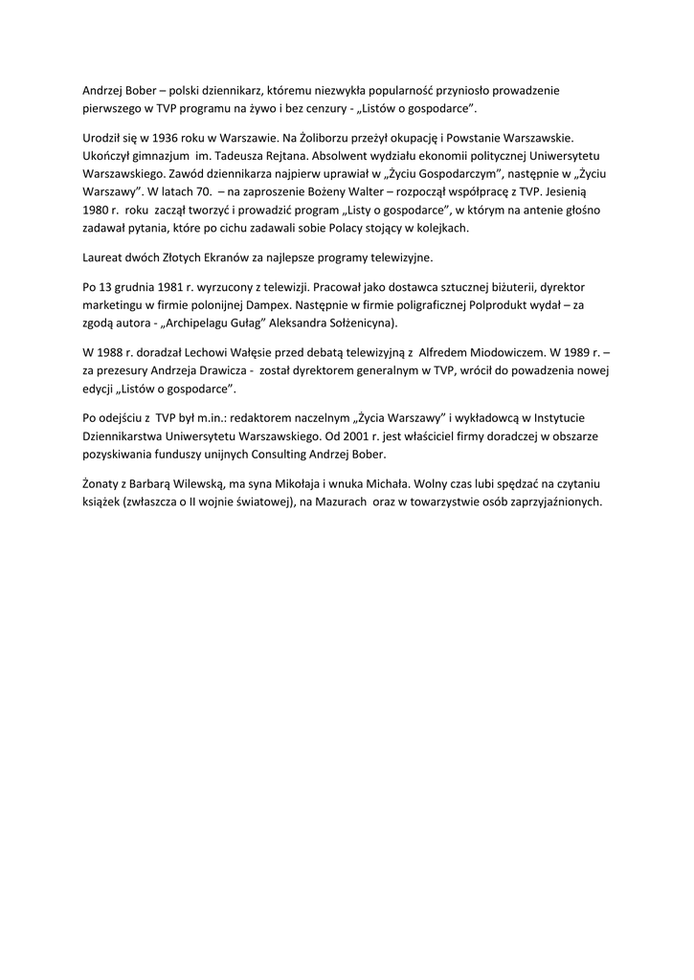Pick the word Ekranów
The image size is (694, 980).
tap(221, 256)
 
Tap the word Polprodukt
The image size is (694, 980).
tap(472, 304)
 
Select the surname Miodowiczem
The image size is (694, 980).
tap(493, 353)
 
